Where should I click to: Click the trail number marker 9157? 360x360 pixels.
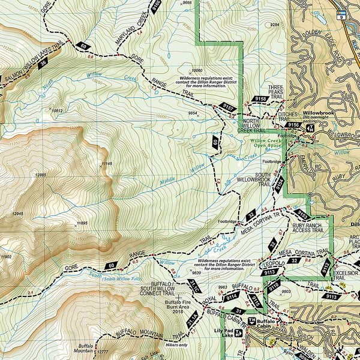228,107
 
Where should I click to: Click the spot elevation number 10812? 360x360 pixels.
57,110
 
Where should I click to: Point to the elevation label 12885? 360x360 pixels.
41,175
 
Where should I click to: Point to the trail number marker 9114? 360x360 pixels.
232,296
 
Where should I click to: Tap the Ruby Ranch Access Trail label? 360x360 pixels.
308,227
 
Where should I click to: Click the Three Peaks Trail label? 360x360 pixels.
275,92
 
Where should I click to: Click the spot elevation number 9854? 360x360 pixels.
193,113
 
